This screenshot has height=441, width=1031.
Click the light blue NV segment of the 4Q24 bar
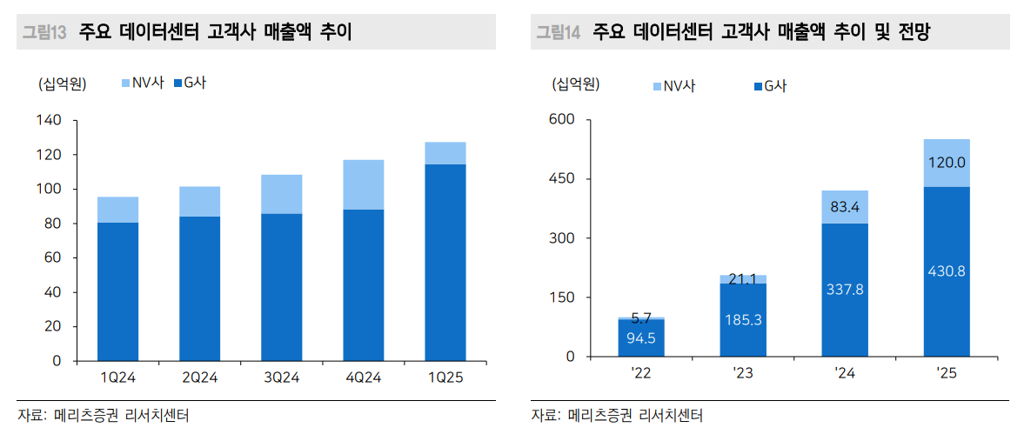363,184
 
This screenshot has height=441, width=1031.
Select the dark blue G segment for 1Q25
445,261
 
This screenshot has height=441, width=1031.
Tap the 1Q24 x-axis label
117,378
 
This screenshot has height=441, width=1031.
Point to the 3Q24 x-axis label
281,378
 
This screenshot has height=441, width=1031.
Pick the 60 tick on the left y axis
52,257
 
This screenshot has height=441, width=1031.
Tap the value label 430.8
947,271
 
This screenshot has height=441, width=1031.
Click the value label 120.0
947,163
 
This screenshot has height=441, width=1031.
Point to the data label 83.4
844,207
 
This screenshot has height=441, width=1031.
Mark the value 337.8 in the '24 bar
844,289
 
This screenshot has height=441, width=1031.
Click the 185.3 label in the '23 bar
743,319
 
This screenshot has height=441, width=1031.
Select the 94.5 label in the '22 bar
641,338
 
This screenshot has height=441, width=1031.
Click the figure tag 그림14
558,33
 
